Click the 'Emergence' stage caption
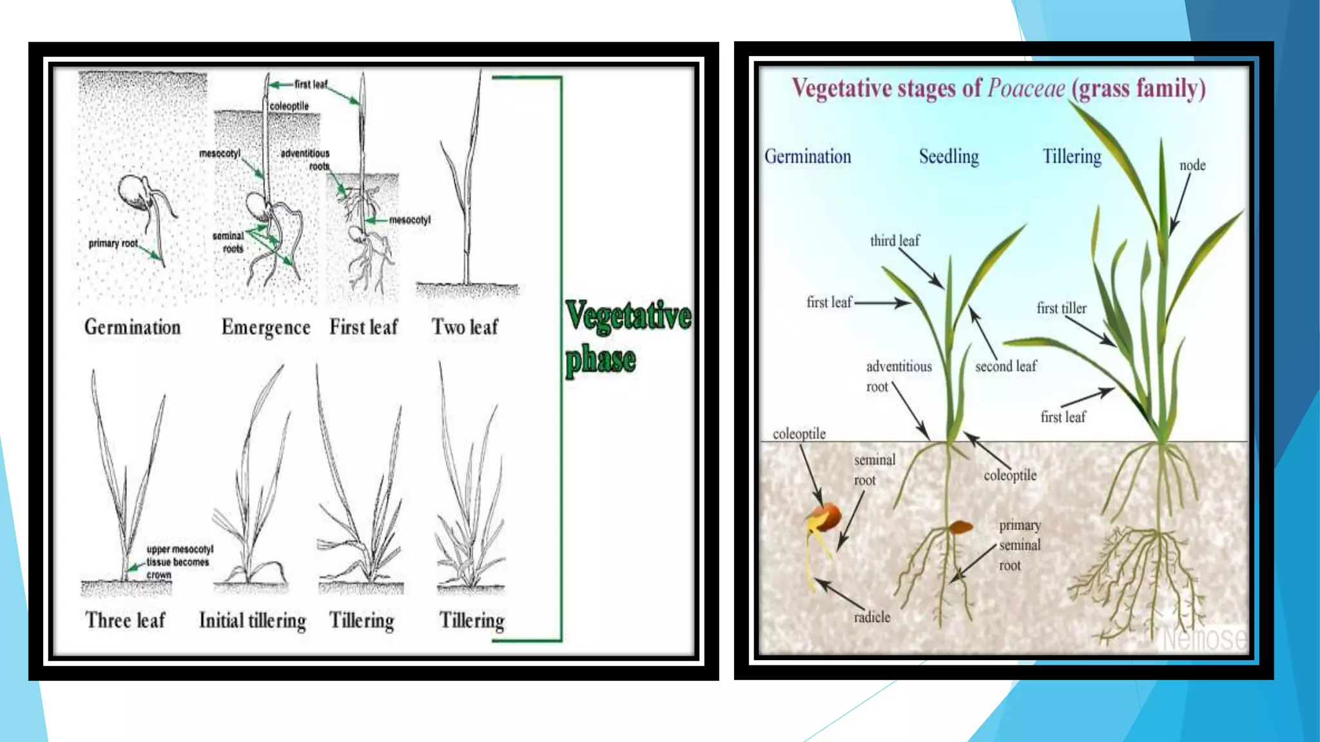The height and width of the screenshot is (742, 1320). point(266,327)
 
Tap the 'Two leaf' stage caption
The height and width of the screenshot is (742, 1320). point(465,327)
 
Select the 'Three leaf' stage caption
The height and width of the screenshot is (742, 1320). point(125,620)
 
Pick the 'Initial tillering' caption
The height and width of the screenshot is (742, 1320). point(253,620)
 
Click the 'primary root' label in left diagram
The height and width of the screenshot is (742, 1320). point(113,243)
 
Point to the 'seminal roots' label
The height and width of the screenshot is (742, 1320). point(229,242)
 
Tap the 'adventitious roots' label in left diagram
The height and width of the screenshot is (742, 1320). point(306,159)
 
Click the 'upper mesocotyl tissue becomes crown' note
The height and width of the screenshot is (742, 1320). point(179,562)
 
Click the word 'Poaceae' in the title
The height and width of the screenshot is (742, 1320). point(1026,88)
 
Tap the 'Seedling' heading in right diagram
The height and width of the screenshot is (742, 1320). point(949,157)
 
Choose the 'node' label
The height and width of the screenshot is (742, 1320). point(1192,165)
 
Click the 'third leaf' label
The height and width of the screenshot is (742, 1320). point(895,241)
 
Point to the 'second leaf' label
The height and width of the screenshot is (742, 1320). point(1005,366)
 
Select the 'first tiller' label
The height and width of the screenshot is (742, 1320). point(1061,309)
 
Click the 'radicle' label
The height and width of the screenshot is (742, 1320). point(872,617)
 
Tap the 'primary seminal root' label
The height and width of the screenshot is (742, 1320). point(1019,545)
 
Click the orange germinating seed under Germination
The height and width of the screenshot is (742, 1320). point(824,517)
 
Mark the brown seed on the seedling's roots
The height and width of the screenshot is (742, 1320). point(961,527)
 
